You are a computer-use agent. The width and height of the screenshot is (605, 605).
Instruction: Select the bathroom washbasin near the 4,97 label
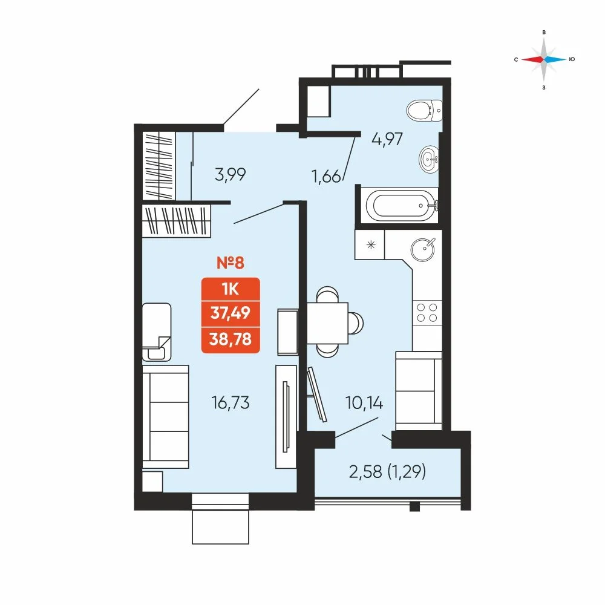click(429, 159)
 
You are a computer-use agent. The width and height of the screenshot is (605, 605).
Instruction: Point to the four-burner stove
click(427, 313)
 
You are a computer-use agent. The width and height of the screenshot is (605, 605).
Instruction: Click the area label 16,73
click(231, 403)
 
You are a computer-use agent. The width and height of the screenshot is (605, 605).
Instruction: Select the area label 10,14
click(364, 403)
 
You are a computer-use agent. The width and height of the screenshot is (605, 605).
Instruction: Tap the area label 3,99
click(231, 175)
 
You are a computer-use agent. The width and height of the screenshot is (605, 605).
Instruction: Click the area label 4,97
click(387, 139)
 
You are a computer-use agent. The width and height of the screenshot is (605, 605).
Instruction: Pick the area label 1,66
click(327, 177)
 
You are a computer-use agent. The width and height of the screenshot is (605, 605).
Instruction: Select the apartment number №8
click(231, 263)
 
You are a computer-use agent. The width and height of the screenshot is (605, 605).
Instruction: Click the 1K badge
click(231, 289)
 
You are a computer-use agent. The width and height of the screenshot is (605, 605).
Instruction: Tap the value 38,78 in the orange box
click(231, 339)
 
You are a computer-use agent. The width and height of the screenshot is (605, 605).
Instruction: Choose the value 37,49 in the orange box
click(231, 313)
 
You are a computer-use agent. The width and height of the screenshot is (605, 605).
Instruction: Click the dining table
click(327, 322)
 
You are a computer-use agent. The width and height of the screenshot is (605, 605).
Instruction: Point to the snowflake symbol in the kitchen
click(371, 244)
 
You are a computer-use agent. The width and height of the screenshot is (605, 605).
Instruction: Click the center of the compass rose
click(544, 59)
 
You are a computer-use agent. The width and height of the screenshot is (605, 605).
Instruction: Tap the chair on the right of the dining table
click(356, 322)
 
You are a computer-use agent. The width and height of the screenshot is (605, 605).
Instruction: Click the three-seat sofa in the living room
click(166, 417)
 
